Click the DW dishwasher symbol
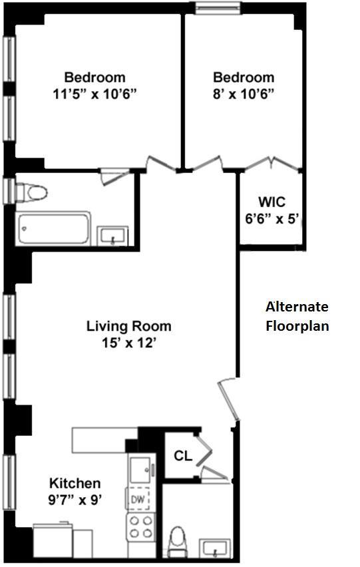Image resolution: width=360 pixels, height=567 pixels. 138,499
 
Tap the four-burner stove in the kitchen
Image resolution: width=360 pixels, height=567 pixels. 141,527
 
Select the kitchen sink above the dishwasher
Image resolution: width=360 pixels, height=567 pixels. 141,469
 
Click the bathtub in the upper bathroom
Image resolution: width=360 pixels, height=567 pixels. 53,229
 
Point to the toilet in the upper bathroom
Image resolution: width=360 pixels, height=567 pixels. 32,192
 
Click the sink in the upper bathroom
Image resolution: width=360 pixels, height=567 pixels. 112,236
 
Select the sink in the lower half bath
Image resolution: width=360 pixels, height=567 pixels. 215,548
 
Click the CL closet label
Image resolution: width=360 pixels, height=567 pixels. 183,456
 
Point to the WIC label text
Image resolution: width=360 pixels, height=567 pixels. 271,202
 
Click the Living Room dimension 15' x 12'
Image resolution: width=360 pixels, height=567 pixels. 128,343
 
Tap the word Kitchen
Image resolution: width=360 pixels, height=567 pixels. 75,483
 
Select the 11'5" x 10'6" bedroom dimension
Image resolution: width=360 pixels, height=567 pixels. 94,94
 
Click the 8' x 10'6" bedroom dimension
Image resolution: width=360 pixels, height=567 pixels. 244,94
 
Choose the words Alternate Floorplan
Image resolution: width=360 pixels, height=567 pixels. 297,316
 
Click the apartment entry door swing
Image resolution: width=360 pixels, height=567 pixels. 229,399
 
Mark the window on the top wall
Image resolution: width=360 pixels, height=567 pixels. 218,8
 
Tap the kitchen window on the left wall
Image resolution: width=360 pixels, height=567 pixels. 9,482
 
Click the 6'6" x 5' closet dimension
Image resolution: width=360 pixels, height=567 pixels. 272,219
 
